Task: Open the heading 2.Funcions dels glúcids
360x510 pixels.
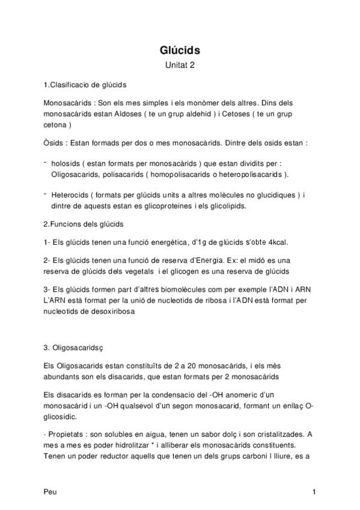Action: (84, 224)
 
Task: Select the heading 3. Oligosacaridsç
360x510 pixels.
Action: (75, 347)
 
